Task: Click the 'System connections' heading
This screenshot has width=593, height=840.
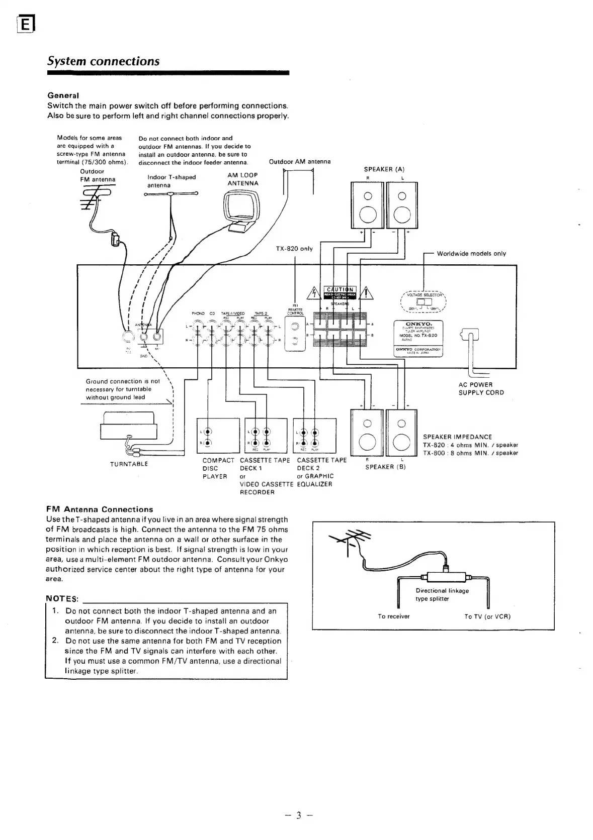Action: (103, 61)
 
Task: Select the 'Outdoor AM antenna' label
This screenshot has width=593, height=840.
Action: (300, 162)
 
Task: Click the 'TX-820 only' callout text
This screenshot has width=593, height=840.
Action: (294, 249)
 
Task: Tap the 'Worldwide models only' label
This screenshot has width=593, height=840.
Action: (471, 254)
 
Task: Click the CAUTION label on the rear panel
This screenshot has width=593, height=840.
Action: (341, 289)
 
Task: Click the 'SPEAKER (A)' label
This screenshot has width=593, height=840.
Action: (384, 169)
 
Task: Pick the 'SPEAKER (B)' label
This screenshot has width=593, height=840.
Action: (385, 467)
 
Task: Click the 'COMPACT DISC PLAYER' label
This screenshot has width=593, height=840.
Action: (218, 468)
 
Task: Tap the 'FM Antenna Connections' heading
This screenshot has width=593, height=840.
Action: (100, 509)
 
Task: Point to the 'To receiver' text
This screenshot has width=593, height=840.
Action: (394, 616)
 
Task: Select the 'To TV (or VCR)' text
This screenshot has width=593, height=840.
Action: (487, 616)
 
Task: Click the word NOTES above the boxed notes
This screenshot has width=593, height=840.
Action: (63, 599)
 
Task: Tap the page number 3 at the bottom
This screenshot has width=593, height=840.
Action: (298, 815)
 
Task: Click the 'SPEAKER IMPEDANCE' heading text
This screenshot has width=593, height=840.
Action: (457, 437)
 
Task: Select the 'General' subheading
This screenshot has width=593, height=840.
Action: (63, 95)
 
